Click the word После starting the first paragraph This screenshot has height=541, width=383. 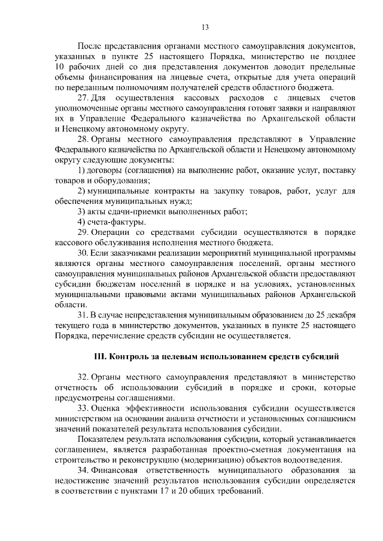90,45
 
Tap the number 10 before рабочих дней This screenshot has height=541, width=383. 59,66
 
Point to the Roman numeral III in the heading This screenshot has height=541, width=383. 99,357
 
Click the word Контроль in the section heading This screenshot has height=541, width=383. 129,357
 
